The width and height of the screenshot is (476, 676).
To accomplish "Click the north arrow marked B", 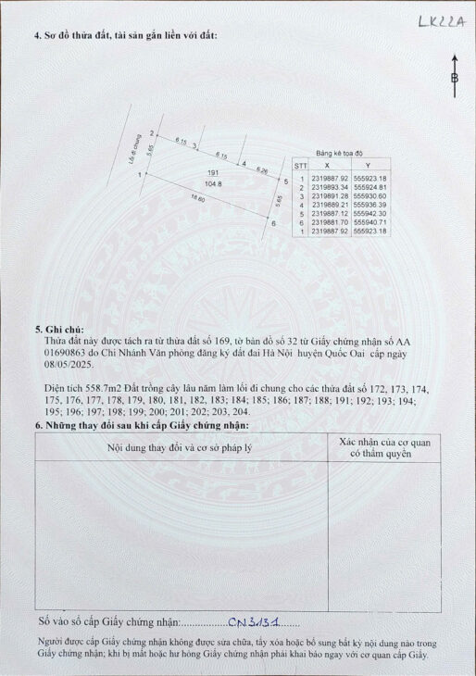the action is (x=454, y=79).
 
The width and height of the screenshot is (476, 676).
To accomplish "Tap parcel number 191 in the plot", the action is (x=212, y=173).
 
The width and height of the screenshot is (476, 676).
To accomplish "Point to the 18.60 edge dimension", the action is (x=197, y=199).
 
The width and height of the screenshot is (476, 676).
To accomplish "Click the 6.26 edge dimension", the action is (x=262, y=170).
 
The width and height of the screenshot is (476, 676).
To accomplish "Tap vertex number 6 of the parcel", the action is (x=274, y=222).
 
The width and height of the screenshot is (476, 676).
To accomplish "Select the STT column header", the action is (x=301, y=167).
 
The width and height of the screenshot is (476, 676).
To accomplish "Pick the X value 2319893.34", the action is (x=331, y=187).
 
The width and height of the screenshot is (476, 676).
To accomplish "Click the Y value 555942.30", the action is (x=370, y=213).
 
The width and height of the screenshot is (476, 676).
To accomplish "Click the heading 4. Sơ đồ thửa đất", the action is (x=124, y=36).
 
